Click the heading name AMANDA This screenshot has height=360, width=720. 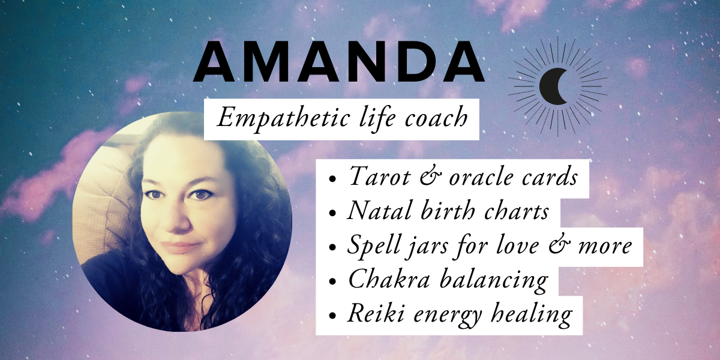[339, 61]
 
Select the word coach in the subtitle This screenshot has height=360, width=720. [436, 118]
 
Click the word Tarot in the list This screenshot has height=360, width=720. [380, 176]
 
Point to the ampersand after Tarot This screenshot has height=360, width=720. [431, 176]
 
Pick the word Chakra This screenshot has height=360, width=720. [389, 278]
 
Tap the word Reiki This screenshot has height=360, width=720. [376, 313]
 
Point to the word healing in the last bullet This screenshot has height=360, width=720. [532, 315]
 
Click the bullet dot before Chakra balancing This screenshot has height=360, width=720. [332, 281]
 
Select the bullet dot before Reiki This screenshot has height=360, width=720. [332, 316]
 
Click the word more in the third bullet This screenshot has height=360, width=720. [605, 247]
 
